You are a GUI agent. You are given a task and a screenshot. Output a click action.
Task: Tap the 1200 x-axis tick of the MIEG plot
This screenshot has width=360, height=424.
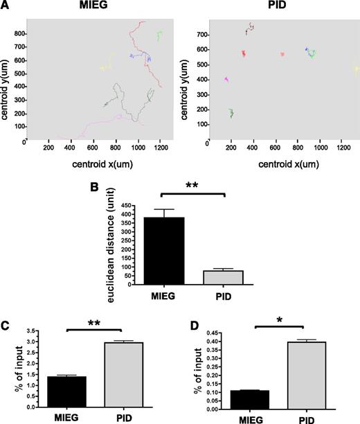pyautogui.click(x=161, y=147)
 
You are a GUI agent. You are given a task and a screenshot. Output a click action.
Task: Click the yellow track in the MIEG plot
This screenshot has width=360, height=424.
pyautogui.click(x=106, y=67)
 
